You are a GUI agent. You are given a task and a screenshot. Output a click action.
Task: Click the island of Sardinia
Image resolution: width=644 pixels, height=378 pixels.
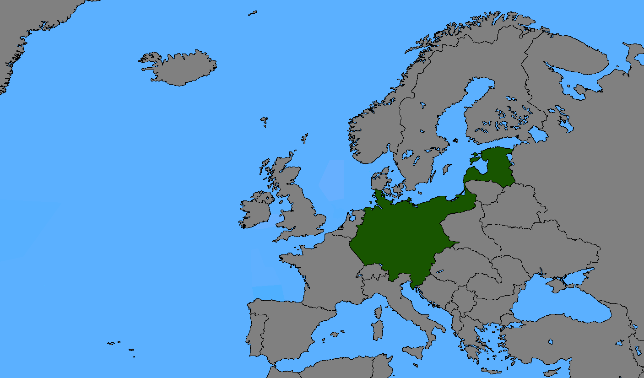pos(378,330)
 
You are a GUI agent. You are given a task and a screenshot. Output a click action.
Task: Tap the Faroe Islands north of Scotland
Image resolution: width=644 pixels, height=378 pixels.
pos(264,121)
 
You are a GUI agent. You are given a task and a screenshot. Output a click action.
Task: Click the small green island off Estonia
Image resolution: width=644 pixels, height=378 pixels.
pos(475,160)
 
